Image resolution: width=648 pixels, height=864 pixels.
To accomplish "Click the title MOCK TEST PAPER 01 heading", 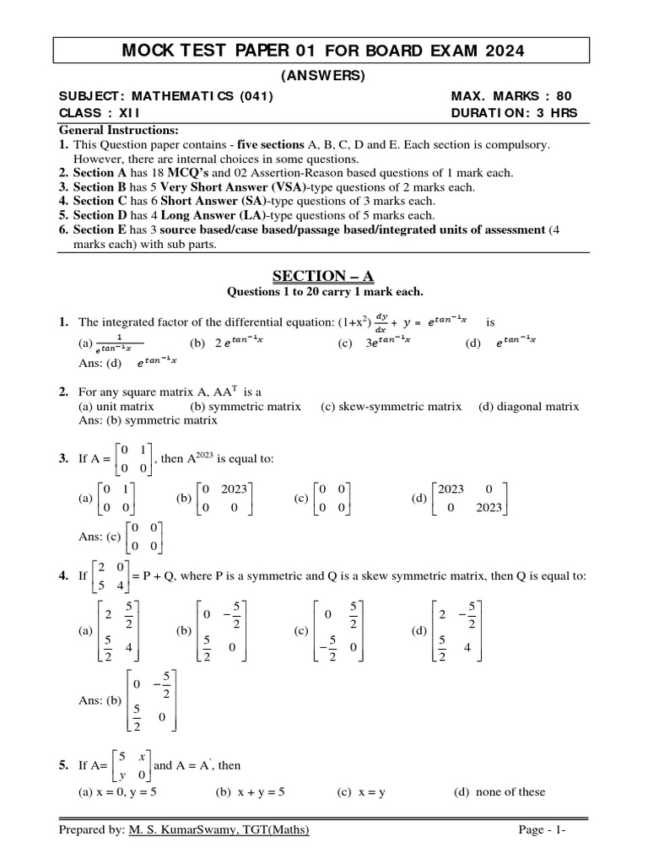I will [x=324, y=51].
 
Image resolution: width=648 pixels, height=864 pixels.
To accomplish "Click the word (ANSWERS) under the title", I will [x=324, y=76].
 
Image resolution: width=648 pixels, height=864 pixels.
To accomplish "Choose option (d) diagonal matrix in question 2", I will [x=528, y=406].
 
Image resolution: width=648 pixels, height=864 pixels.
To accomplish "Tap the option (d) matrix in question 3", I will [x=464, y=498].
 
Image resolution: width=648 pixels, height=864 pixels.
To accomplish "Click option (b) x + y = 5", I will [x=251, y=791].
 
